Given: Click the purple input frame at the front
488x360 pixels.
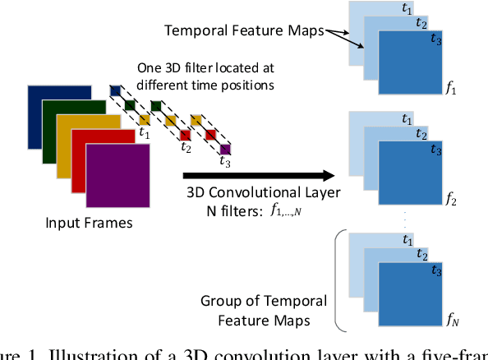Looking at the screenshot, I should pos(119,178).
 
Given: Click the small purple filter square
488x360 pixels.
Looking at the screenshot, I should pos(225,149).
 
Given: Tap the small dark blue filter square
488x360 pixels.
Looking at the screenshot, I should pos(116,90).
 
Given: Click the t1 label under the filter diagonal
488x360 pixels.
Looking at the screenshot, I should pos(144,130).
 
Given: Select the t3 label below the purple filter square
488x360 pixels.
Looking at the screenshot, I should pos(223,162).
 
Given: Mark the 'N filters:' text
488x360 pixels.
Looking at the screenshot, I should pos(214,211).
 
